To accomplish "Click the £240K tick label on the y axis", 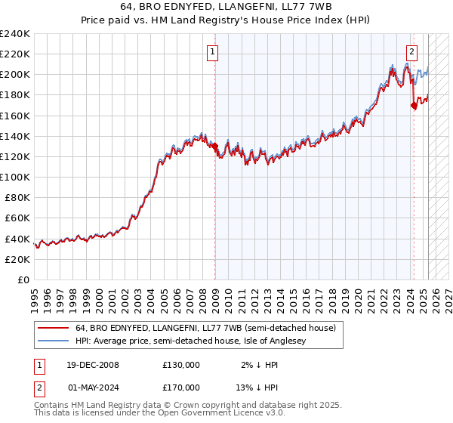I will coord(15,34).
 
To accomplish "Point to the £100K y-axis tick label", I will coord(15,177).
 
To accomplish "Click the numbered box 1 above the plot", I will coord(213,52).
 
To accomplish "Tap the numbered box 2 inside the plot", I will coord(411,52).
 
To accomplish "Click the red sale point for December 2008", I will coord(214,147).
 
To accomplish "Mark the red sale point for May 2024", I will coord(414,106).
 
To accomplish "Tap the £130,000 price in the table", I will coord(181,365).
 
